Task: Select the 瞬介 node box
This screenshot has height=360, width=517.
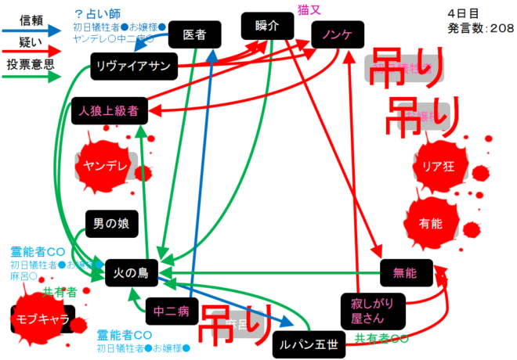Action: pyautogui.click(x=267, y=26)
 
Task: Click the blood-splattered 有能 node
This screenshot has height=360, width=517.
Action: pyautogui.click(x=431, y=222)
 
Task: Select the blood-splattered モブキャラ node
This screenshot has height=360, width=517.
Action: pyautogui.click(x=43, y=319)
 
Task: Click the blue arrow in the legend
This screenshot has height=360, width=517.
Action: pyautogui.click(x=32, y=30)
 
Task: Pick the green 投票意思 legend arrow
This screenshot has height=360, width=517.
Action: pyautogui.click(x=32, y=77)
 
